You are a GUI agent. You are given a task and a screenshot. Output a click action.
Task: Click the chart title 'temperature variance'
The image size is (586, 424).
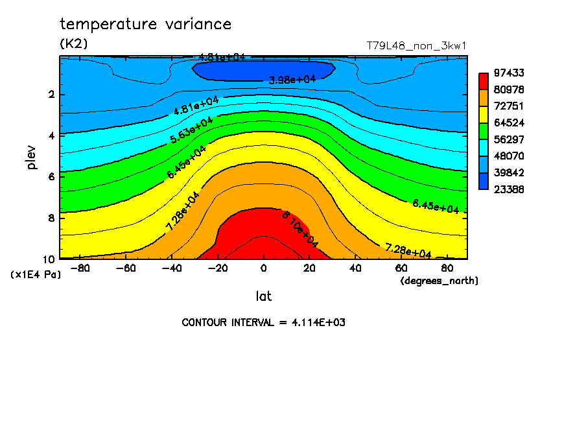pyautogui.click(x=145, y=25)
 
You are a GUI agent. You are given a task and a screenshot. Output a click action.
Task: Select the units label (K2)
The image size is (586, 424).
pyautogui.click(x=73, y=44)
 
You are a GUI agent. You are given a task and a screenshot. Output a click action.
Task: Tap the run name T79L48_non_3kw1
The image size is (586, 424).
pyautogui.click(x=417, y=46)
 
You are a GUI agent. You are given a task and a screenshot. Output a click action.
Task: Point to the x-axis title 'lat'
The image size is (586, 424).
pyautogui.click(x=263, y=296)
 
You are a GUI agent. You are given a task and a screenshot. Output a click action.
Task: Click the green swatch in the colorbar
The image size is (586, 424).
pyautogui.click(x=484, y=131)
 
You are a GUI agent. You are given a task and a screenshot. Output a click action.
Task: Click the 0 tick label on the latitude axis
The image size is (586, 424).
pyautogui.click(x=263, y=267)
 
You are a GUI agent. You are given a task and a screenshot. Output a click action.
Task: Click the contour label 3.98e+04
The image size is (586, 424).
pyautogui.click(x=292, y=80)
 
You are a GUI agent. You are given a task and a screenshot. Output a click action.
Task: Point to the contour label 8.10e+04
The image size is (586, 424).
pyautogui.click(x=299, y=229)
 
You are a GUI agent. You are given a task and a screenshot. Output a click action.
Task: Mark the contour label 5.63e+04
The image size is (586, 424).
pyautogui.click(x=191, y=129)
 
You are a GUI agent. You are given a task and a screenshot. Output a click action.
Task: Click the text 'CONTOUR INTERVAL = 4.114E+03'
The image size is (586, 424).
pyautogui.click(x=263, y=322)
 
